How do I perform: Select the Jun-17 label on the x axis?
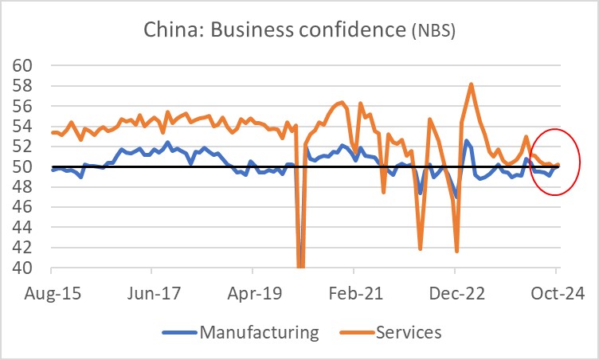pos(152,292)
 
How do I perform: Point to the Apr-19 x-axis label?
pos(253,292)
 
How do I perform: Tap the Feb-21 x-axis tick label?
pos(354,292)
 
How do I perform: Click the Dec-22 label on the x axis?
pos(455,292)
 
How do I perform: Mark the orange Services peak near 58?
pos(472,84)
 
